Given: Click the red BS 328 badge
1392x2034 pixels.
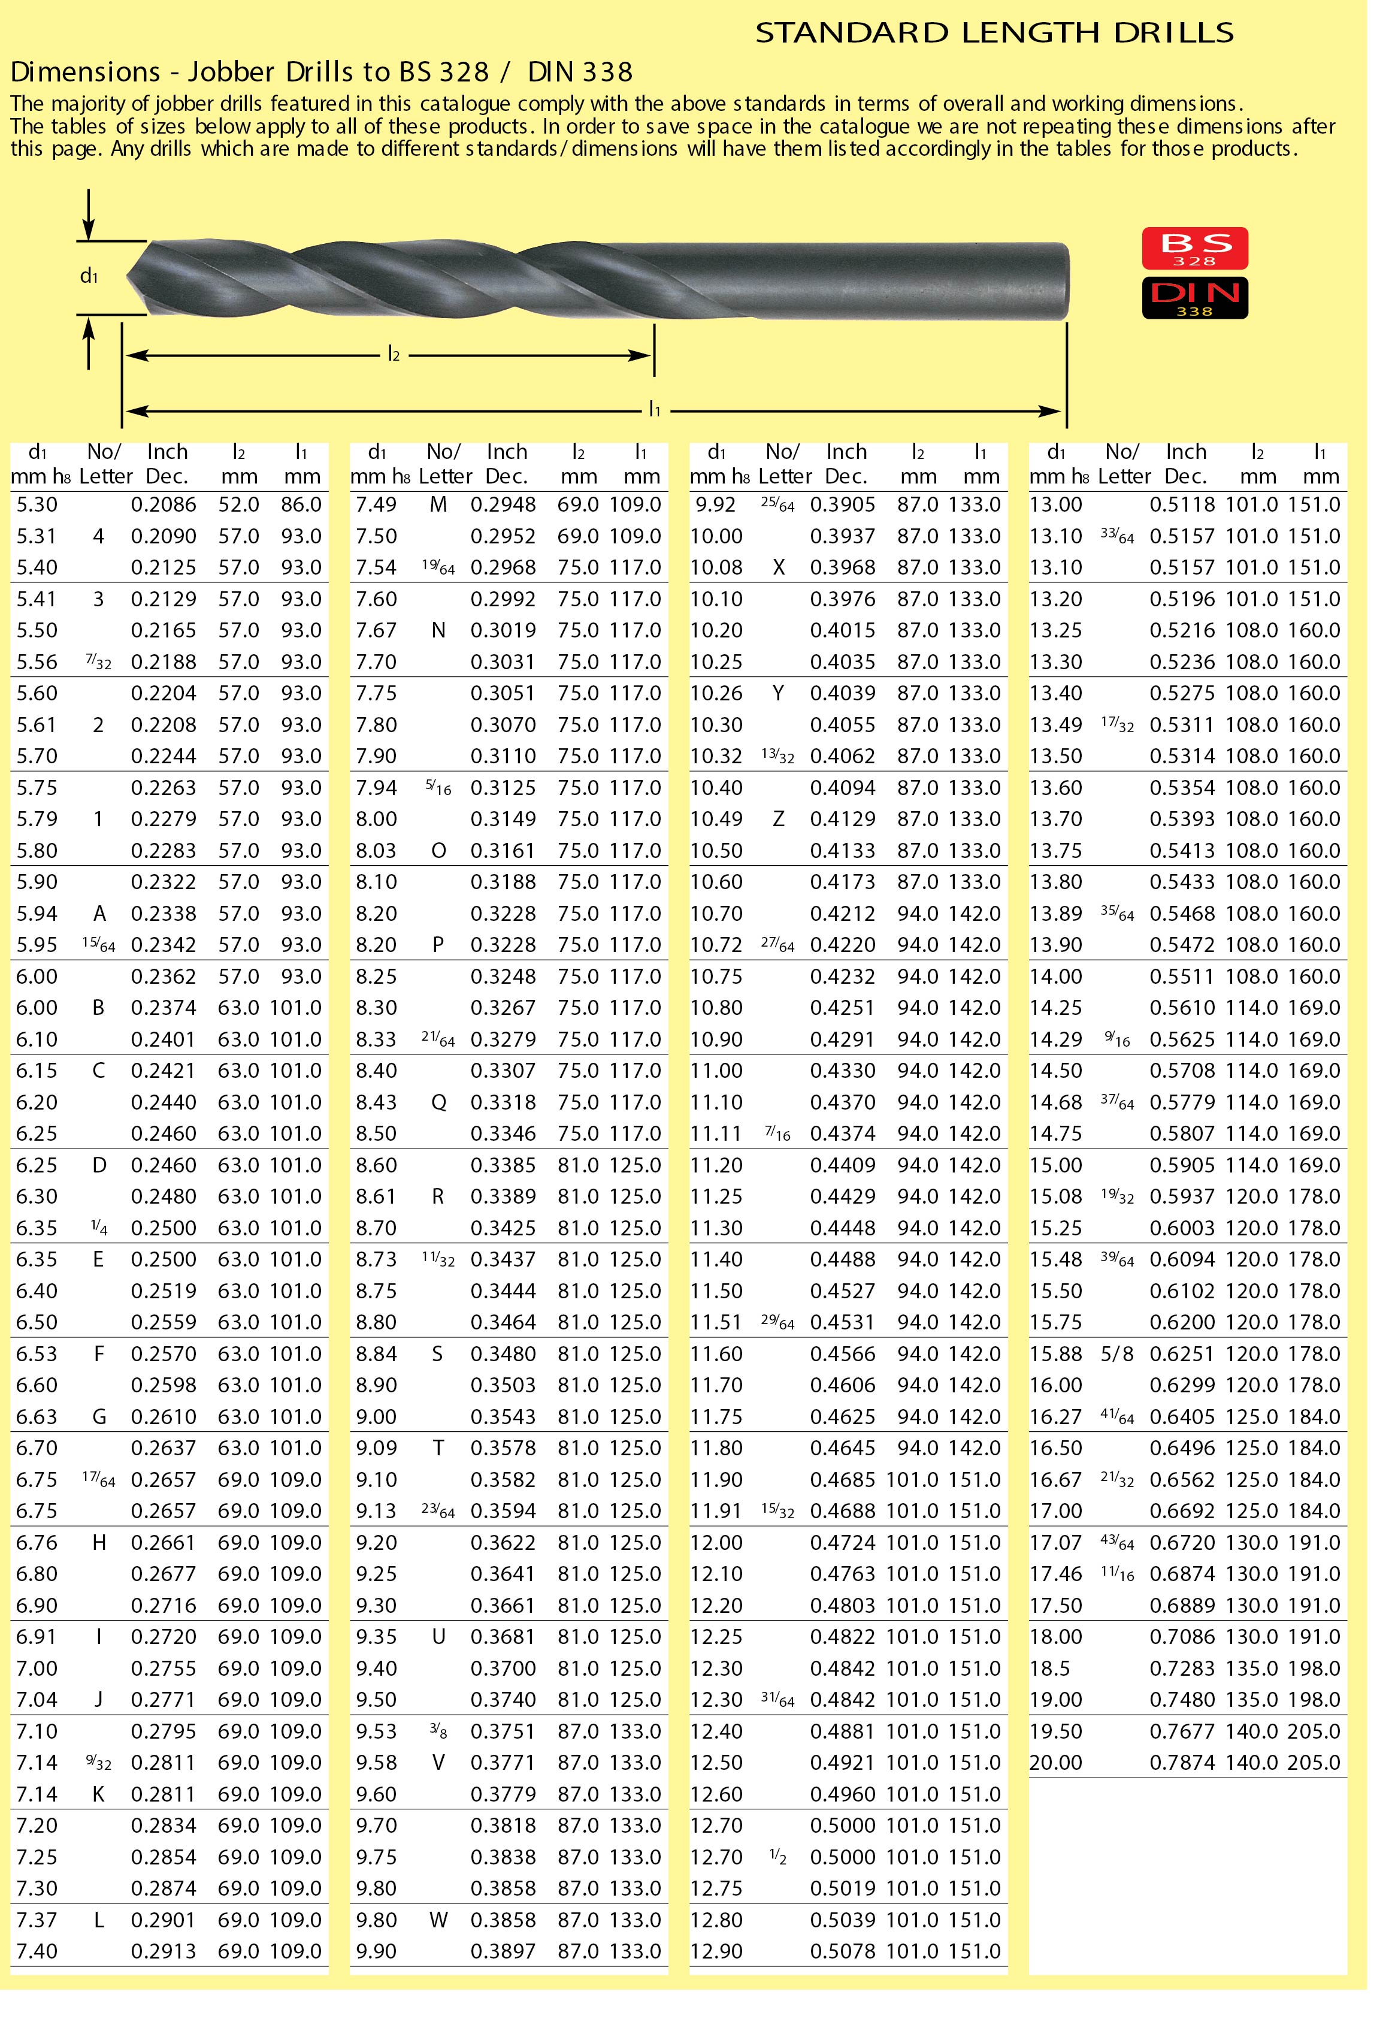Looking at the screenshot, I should coord(1194,249).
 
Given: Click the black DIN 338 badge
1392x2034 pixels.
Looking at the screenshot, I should coord(1194,298).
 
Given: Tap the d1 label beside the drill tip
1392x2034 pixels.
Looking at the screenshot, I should coord(89,277).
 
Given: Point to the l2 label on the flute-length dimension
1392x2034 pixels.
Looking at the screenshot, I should coord(394,355).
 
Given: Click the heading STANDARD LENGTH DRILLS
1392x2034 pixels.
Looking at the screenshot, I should coord(994,34).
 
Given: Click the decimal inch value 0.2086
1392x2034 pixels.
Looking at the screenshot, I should coord(164,505).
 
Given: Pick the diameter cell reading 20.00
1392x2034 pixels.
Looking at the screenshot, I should coord(1055,1763).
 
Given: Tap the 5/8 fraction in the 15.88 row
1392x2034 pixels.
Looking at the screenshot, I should coord(1117,1354).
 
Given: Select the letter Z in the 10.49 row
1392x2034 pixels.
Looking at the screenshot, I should coord(778,819).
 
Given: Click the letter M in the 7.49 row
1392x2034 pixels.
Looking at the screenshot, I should coord(438,505).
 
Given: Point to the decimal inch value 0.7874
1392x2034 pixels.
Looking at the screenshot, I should coord(1182,1763).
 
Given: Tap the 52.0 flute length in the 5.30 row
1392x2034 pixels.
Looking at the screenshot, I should coord(239,505).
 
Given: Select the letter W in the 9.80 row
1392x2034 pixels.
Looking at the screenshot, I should coord(438,1920).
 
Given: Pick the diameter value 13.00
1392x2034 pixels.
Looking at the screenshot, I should coord(1056,505).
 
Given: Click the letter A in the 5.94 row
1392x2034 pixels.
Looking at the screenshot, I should coord(99,914).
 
